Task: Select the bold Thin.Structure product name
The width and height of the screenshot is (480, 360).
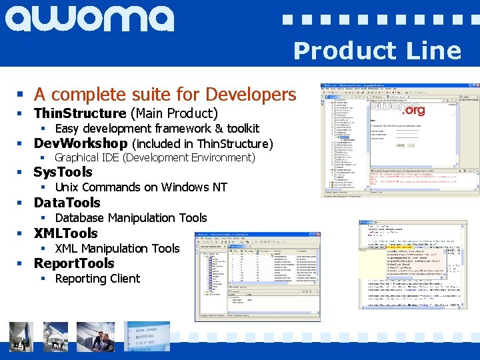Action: tap(80, 113)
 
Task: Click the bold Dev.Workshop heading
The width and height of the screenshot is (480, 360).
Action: tap(81, 143)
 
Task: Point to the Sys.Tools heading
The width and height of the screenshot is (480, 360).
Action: tap(63, 173)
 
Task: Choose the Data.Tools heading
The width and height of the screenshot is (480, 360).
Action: tap(67, 203)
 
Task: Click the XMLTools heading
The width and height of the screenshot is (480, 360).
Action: tap(66, 233)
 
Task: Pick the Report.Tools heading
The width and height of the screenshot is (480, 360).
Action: tap(74, 263)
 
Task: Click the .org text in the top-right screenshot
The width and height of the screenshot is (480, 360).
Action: tap(414, 110)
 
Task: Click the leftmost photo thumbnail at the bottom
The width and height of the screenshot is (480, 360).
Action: tap(21, 337)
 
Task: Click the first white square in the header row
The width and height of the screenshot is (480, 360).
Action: tap(287, 20)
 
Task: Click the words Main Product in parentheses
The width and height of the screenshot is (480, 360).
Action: tap(175, 113)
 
